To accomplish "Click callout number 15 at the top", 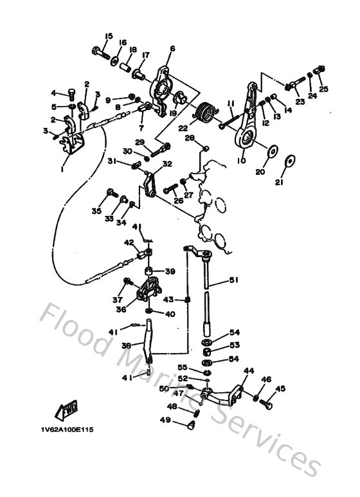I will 109,35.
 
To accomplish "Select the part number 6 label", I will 172,48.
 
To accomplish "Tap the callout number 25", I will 323,89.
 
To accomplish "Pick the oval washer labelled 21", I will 292,159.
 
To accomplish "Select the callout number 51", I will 233,280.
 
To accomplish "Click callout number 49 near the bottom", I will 165,420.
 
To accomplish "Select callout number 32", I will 167,164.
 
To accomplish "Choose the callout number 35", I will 97,210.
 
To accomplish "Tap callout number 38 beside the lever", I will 127,345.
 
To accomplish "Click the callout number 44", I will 249,371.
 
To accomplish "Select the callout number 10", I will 242,162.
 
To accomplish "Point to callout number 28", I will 190,138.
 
